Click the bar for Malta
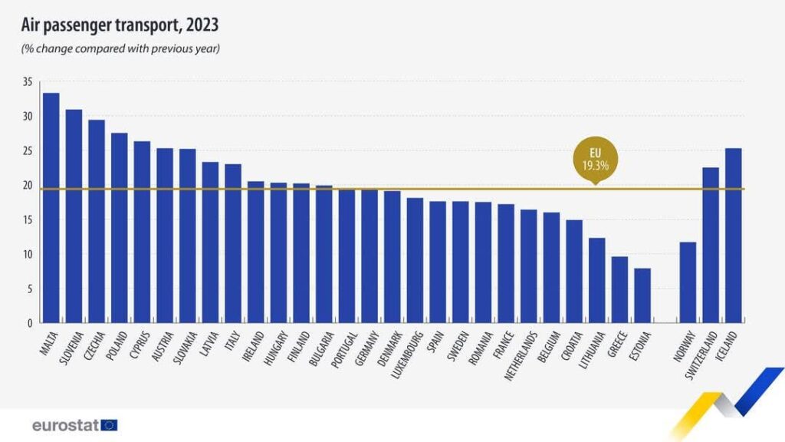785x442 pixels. coord(51,207)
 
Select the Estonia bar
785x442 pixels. coord(642,295)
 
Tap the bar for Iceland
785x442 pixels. coord(734,236)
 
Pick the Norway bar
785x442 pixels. coord(688,282)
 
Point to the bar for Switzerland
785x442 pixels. coord(711,245)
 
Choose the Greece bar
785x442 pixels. coord(619,289)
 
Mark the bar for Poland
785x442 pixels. coord(119,227)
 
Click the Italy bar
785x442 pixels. coord(233,243)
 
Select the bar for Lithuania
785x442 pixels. coord(596,280)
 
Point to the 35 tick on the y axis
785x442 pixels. coord(28,81)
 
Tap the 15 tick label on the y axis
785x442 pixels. coord(28,219)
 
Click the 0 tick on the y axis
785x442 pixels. coord(30,323)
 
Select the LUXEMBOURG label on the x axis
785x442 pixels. coord(407,355)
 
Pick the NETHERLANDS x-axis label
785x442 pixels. coord(521,355)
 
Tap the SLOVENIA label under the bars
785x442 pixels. coord(71,348)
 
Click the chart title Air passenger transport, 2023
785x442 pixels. coord(120,25)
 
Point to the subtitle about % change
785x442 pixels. coord(120,48)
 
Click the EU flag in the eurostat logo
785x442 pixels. coord(109,425)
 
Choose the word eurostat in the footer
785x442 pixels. coord(66,425)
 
